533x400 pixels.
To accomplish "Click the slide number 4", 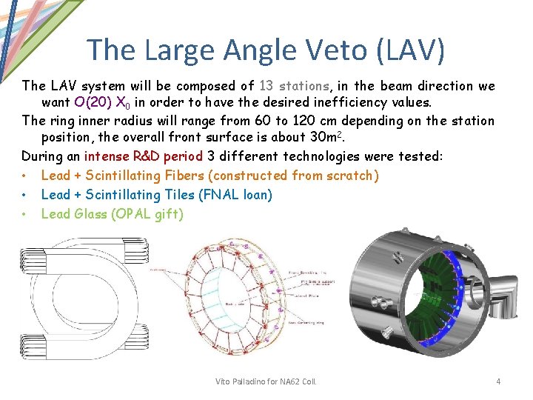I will tap(498, 381).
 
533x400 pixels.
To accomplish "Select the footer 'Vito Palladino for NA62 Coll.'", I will tap(266, 381).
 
